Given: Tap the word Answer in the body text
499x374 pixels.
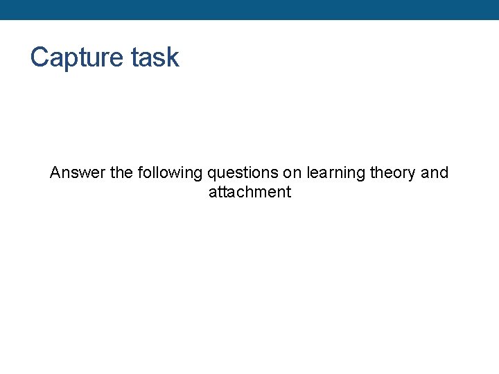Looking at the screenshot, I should pyautogui.click(x=78, y=172).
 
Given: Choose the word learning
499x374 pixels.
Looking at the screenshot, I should pyautogui.click(x=335, y=172).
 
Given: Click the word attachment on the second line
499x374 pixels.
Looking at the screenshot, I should pyautogui.click(x=249, y=192).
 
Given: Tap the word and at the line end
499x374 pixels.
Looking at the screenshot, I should pyautogui.click(x=435, y=172).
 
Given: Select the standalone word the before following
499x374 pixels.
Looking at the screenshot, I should pyautogui.click(x=121, y=172).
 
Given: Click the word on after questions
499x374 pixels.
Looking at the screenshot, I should pyautogui.click(x=292, y=172).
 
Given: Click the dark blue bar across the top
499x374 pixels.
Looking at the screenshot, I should pyautogui.click(x=249, y=10).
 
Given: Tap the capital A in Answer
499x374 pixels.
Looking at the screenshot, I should pyautogui.click(x=55, y=172).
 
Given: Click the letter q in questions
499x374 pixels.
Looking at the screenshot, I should pyautogui.click(x=211, y=173).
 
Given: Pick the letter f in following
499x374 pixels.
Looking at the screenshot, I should pyautogui.click(x=140, y=172).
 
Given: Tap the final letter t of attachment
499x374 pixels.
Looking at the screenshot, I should pyautogui.click(x=288, y=192).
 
